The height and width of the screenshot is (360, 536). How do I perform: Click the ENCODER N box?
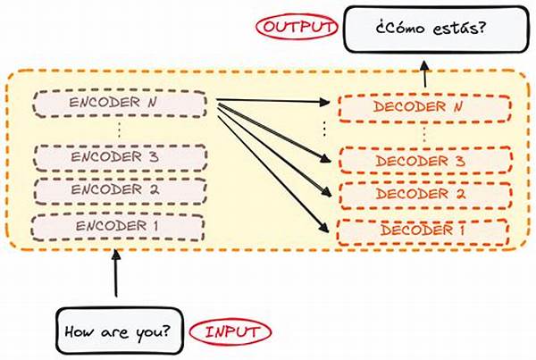(x=120, y=104)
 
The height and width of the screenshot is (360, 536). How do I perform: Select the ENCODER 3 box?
(x=121, y=157)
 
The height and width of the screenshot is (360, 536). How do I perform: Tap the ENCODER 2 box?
(x=121, y=191)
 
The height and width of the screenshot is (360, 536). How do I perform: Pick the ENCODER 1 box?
(x=118, y=228)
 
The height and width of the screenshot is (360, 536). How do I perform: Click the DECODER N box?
(x=425, y=108)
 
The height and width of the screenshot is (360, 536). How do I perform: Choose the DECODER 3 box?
(x=426, y=161)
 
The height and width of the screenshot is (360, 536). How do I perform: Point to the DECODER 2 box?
(x=427, y=196)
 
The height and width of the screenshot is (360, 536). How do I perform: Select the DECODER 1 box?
(x=423, y=232)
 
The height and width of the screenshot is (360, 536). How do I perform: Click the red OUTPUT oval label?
(x=297, y=27)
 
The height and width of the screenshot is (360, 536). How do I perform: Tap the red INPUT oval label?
(x=230, y=332)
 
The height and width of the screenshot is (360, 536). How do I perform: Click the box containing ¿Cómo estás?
(x=437, y=29)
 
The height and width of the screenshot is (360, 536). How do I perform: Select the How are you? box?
(x=120, y=331)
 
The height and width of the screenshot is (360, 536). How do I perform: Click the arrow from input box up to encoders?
(x=116, y=273)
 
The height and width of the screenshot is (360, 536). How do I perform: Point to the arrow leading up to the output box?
(x=424, y=74)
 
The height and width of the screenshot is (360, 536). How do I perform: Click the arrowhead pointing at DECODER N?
(x=325, y=102)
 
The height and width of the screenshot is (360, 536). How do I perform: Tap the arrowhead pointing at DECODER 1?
(x=324, y=228)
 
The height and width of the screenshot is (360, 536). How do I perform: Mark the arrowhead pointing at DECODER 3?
(x=326, y=158)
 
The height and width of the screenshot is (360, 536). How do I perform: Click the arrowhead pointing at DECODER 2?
(x=327, y=192)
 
